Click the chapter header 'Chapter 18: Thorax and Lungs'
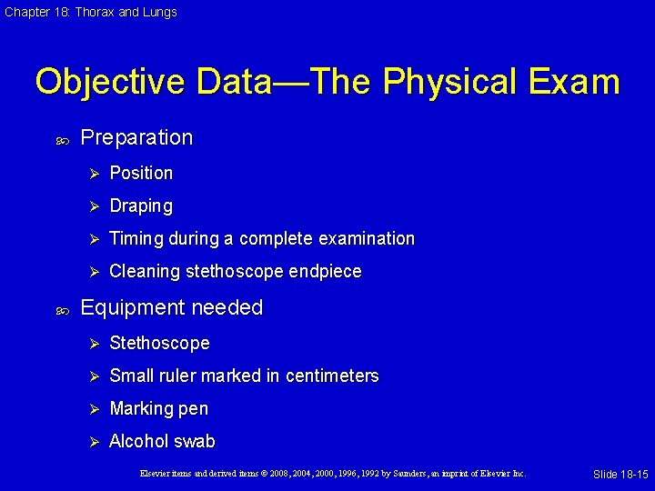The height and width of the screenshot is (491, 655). point(90,12)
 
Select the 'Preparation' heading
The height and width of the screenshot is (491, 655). point(136,137)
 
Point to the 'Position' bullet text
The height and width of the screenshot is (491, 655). point(141,173)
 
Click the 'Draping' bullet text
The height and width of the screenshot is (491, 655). point(141,206)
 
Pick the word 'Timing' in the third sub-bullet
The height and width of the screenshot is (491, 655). point(136,239)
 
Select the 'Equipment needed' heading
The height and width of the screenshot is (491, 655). point(171,308)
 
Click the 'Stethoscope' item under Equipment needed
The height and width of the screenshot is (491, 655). point(159,344)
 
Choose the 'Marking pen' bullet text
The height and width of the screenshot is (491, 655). point(158,409)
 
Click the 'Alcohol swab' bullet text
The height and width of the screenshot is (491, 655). point(162,442)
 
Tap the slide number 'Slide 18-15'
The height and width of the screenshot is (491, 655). point(620,475)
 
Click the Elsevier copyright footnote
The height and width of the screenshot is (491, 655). point(332,474)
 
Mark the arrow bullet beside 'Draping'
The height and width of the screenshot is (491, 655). point(92,206)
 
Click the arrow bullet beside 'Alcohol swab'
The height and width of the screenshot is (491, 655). point(92,442)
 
